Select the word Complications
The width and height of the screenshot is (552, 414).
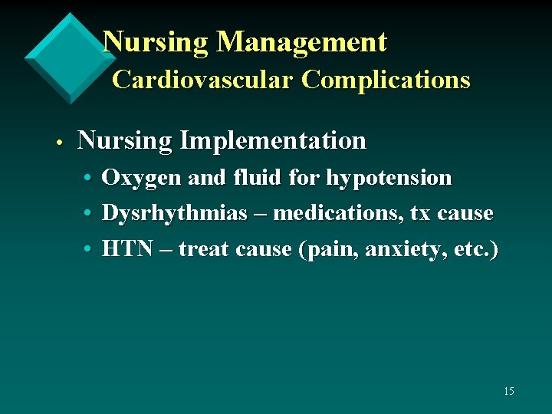click(386, 79)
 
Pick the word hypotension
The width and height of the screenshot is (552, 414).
click(389, 178)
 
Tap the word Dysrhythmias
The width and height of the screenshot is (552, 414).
click(174, 213)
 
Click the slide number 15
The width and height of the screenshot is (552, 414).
click(509, 392)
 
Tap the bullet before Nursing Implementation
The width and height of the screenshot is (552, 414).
click(59, 143)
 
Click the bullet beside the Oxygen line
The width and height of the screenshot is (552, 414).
click(90, 179)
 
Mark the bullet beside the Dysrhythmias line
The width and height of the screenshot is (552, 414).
click(90, 214)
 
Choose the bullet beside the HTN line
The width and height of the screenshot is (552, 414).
click(90, 250)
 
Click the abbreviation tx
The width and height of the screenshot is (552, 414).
click(420, 213)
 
